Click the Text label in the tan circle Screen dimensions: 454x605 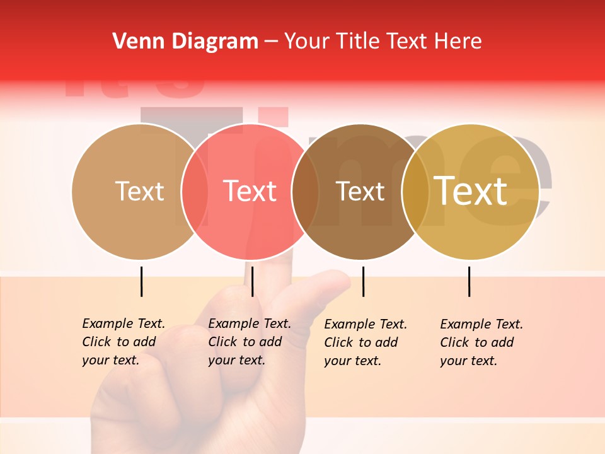click(139, 191)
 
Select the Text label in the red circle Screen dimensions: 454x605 click(250, 191)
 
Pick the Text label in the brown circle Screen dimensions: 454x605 click(360, 192)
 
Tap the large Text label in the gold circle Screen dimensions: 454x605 click(471, 191)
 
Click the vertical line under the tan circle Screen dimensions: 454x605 click(142, 281)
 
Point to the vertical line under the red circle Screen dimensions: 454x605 click(252, 281)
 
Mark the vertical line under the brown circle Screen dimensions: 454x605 click(363, 281)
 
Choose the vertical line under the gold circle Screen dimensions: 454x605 click(469, 281)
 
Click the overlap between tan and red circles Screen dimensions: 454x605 click(195, 192)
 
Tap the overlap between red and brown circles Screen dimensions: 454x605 click(305, 192)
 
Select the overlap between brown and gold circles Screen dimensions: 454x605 click(415, 192)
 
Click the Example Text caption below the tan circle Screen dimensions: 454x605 click(124, 342)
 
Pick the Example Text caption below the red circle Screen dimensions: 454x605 click(250, 342)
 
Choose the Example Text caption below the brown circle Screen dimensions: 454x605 click(366, 342)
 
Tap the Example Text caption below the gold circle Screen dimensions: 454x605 click(481, 342)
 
